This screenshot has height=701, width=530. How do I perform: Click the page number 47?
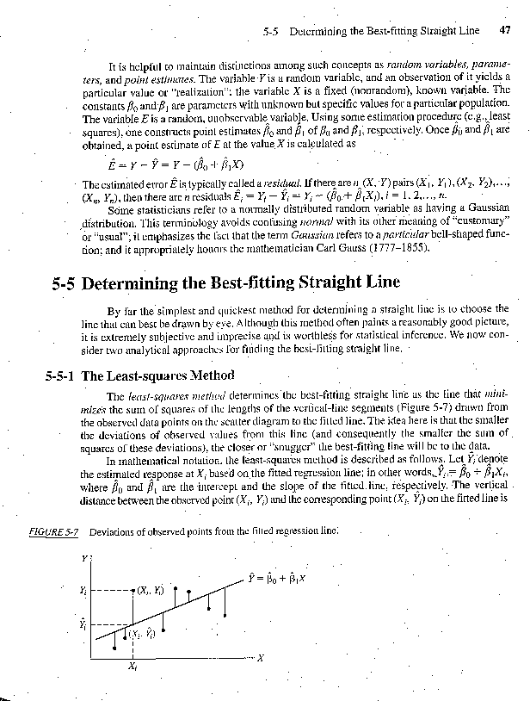(505, 29)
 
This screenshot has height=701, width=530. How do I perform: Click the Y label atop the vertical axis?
(84, 558)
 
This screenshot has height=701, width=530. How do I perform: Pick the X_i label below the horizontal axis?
(131, 666)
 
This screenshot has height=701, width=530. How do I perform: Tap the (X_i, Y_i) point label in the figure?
(149, 591)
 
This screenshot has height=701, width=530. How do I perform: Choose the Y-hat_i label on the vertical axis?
(83, 622)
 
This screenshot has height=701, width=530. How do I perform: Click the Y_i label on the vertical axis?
(83, 591)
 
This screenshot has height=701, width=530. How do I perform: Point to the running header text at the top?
(371, 29)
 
